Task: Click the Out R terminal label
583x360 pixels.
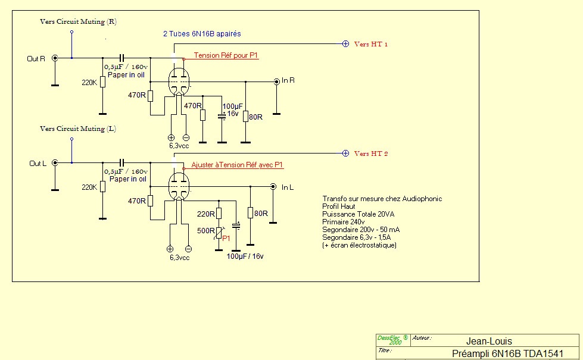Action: (x=36, y=58)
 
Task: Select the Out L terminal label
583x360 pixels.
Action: (x=37, y=163)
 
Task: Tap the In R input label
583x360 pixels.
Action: (x=289, y=81)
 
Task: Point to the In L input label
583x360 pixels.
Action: (x=288, y=187)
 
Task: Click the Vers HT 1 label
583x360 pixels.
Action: (x=371, y=44)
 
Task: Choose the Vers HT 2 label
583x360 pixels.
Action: (x=371, y=154)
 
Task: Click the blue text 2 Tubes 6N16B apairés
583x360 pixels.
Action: (x=202, y=34)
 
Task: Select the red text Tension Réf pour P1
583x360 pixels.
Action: (x=226, y=55)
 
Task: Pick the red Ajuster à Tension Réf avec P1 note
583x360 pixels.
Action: (x=236, y=165)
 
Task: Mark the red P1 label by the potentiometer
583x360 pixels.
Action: (x=226, y=237)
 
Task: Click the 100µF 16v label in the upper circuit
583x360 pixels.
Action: (x=231, y=109)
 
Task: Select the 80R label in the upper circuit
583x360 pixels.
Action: (x=256, y=117)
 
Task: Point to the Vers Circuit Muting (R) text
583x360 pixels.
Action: (x=78, y=21)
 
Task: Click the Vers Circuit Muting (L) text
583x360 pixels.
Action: (x=78, y=129)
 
